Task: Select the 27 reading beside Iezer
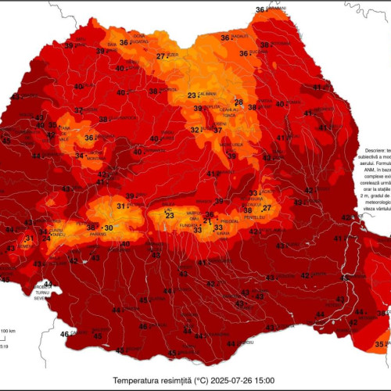pos(160,56)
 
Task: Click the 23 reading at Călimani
pos(192,95)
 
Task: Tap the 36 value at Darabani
pos(260,9)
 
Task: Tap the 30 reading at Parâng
pos(109,228)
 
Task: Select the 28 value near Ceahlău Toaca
pos(239,102)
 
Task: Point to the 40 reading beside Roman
pos(280,104)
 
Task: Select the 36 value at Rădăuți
pos(224,38)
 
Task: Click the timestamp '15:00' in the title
pos(264,380)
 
